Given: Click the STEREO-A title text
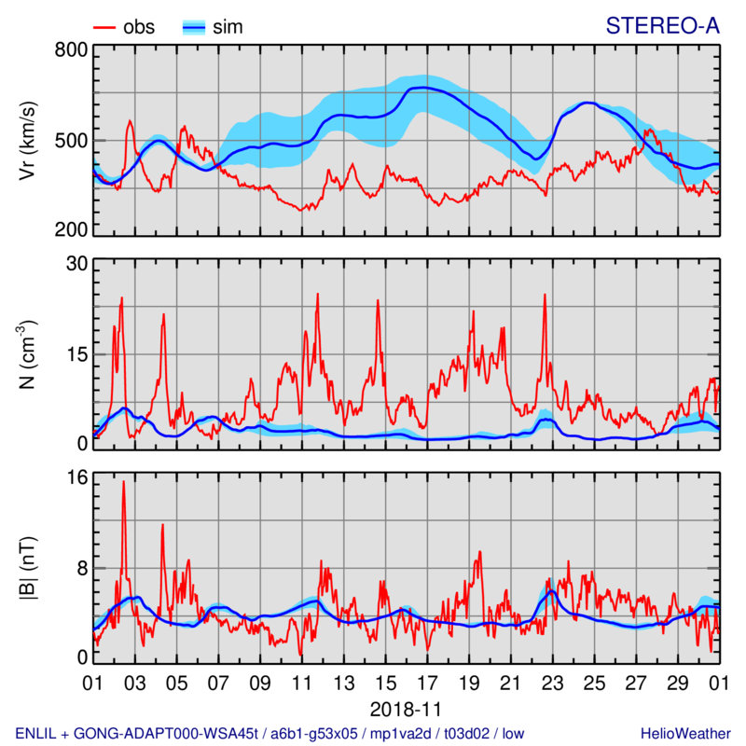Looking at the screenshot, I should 662,27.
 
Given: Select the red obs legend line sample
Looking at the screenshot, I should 105,27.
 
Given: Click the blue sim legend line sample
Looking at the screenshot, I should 193,27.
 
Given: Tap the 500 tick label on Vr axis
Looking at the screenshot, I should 71,141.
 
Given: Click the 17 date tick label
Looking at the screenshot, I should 426,682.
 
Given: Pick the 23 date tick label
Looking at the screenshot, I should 551,682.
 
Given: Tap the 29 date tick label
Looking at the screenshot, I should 676,682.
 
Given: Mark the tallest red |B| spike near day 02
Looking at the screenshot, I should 123,483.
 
